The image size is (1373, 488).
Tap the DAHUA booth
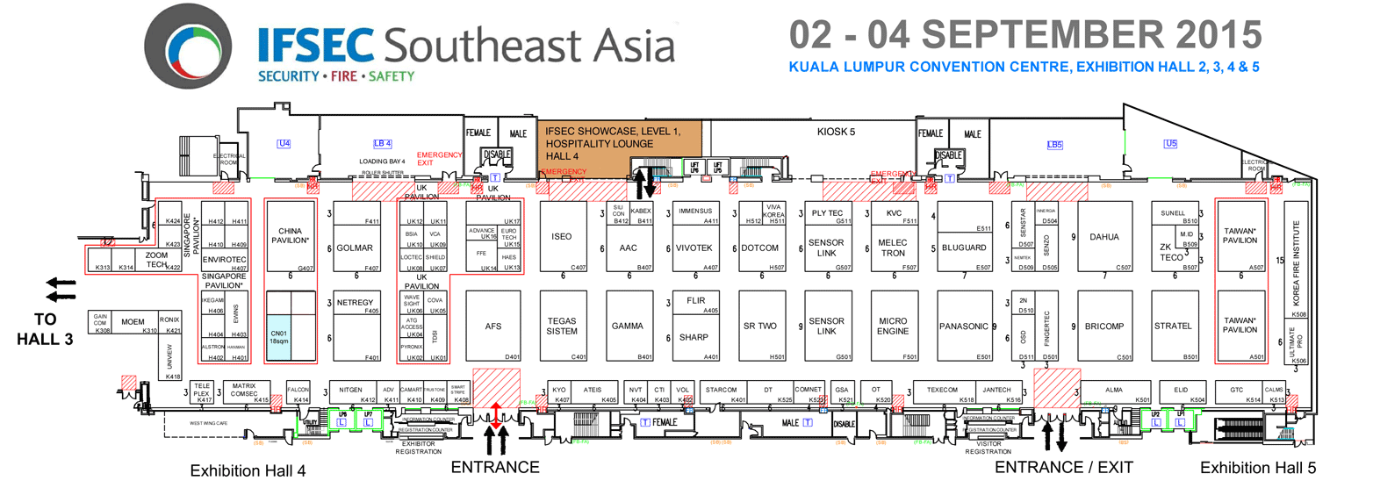point(1104,237)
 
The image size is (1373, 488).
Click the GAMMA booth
point(629,327)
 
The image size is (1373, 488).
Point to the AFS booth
point(493,327)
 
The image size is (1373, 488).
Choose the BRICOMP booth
point(1104,327)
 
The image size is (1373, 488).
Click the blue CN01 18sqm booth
point(278,338)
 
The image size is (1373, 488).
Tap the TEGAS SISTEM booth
point(562,326)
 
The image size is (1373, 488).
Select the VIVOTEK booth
point(694,248)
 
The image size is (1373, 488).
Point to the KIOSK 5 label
point(836,132)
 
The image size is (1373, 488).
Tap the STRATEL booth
point(1174,327)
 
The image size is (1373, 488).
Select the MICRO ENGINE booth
point(892,327)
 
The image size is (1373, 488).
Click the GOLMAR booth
point(356,248)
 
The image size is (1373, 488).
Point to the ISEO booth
point(562,237)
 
